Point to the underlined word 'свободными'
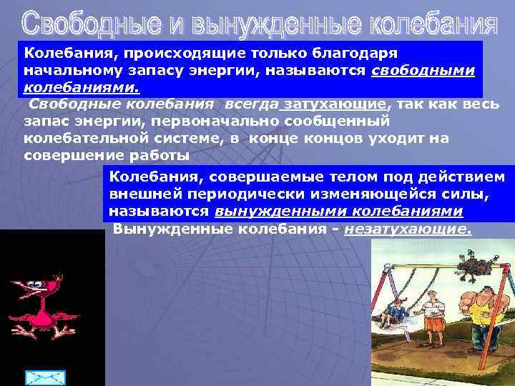tap(424, 72)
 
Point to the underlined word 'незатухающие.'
tap(408, 229)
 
